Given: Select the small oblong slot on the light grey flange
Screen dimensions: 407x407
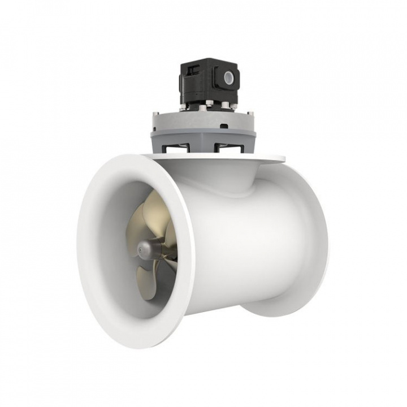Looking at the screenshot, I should pos(224,125).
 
